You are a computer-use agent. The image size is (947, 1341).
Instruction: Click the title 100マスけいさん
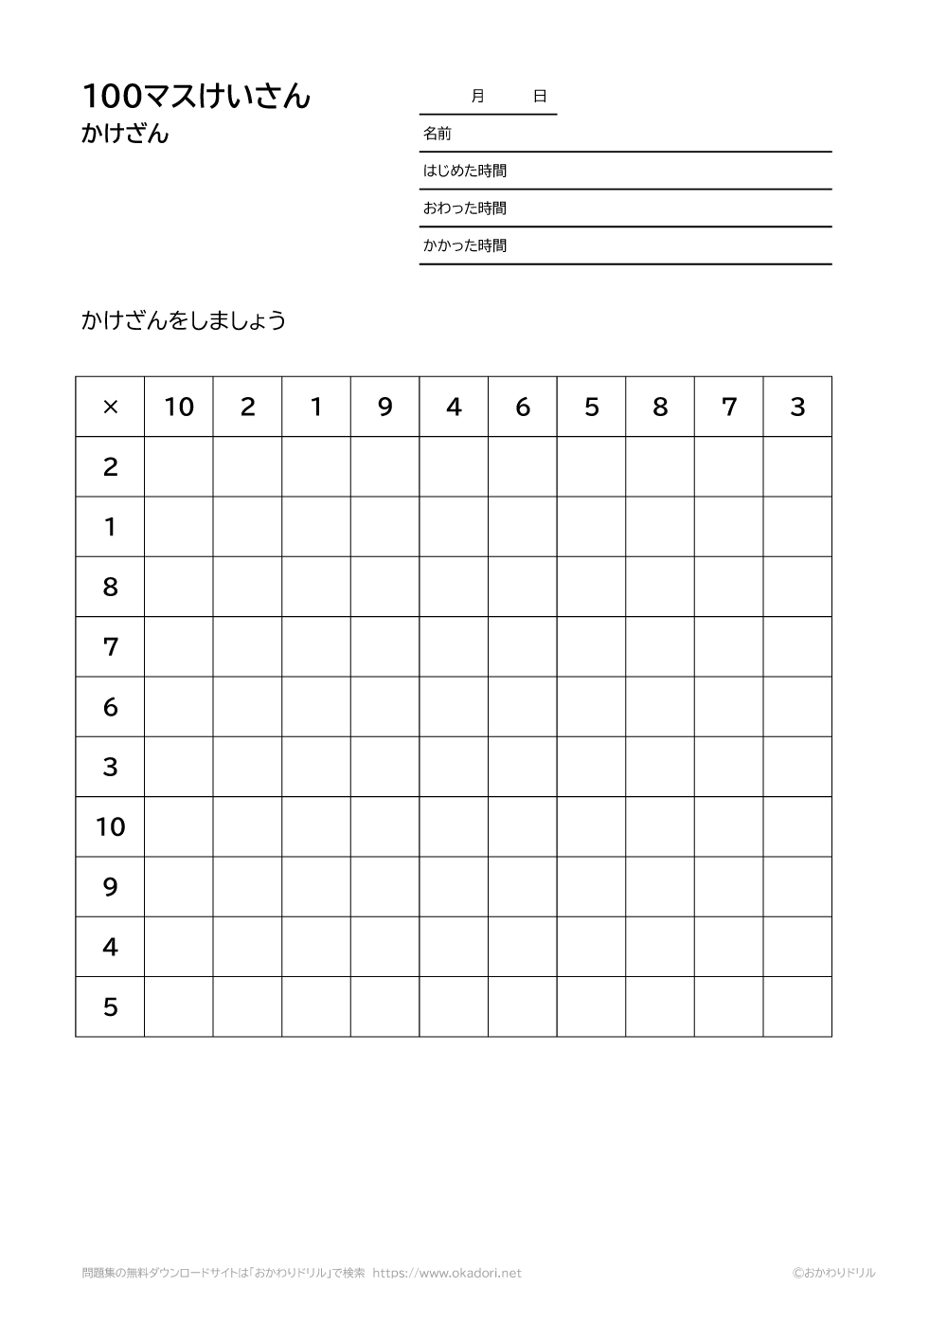click(x=196, y=96)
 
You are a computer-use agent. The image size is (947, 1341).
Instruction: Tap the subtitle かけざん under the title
click(x=125, y=135)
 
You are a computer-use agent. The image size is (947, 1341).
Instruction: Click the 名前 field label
click(x=437, y=134)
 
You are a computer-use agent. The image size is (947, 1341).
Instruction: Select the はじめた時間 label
click(x=464, y=171)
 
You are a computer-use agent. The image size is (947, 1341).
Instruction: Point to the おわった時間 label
click(x=464, y=208)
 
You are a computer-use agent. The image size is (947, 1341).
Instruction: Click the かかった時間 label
click(x=464, y=245)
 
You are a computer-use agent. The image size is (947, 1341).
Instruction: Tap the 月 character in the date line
click(x=477, y=96)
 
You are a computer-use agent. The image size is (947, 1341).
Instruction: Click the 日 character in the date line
click(x=540, y=96)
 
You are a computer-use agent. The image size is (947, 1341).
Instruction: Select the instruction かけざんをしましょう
click(x=184, y=320)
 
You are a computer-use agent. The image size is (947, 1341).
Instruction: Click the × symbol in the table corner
click(x=110, y=407)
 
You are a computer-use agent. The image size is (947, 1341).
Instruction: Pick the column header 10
click(x=179, y=407)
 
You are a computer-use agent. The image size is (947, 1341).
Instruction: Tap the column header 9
click(x=384, y=407)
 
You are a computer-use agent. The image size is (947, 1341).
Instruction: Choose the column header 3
click(x=797, y=407)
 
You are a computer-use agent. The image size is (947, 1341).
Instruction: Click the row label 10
click(x=110, y=826)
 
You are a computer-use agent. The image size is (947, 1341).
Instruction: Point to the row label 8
click(x=110, y=587)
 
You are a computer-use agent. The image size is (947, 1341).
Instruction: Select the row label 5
click(x=110, y=1006)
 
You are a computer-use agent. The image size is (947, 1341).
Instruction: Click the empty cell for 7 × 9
click(x=384, y=646)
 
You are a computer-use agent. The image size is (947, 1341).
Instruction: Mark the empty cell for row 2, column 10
click(x=179, y=466)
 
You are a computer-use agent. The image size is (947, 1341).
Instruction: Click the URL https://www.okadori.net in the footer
click(x=447, y=1273)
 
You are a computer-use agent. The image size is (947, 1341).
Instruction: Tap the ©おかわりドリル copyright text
click(x=833, y=1273)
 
